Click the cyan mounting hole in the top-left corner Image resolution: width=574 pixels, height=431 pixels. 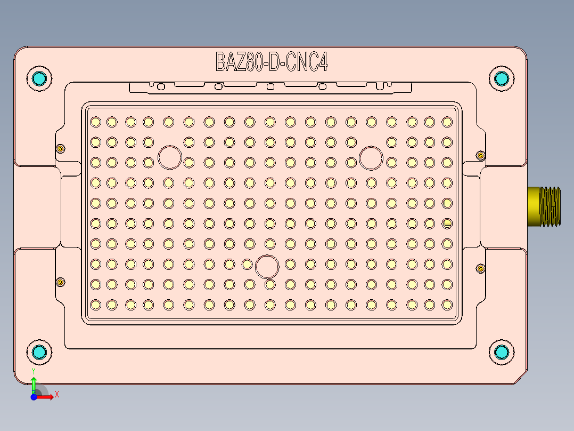click(39, 79)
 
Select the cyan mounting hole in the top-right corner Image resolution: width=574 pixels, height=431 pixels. click(501, 79)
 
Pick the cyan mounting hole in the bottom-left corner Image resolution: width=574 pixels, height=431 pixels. click(39, 352)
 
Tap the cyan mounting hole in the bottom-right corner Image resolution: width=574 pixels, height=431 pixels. click(501, 352)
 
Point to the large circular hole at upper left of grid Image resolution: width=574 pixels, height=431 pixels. click(170, 157)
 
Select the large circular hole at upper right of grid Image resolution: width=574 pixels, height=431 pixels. click(371, 158)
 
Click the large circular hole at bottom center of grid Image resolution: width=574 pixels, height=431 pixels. click(267, 266)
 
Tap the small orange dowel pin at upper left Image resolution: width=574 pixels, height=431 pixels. click(61, 149)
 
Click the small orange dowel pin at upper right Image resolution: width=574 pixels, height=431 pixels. click(480, 155)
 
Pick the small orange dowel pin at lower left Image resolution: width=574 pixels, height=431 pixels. click(61, 282)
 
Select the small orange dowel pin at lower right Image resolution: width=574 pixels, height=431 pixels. click(480, 268)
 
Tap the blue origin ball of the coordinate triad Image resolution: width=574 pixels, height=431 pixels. click(34, 397)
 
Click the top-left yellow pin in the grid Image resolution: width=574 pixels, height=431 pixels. click(96, 122)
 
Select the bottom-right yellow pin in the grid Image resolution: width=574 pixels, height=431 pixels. click(447, 305)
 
